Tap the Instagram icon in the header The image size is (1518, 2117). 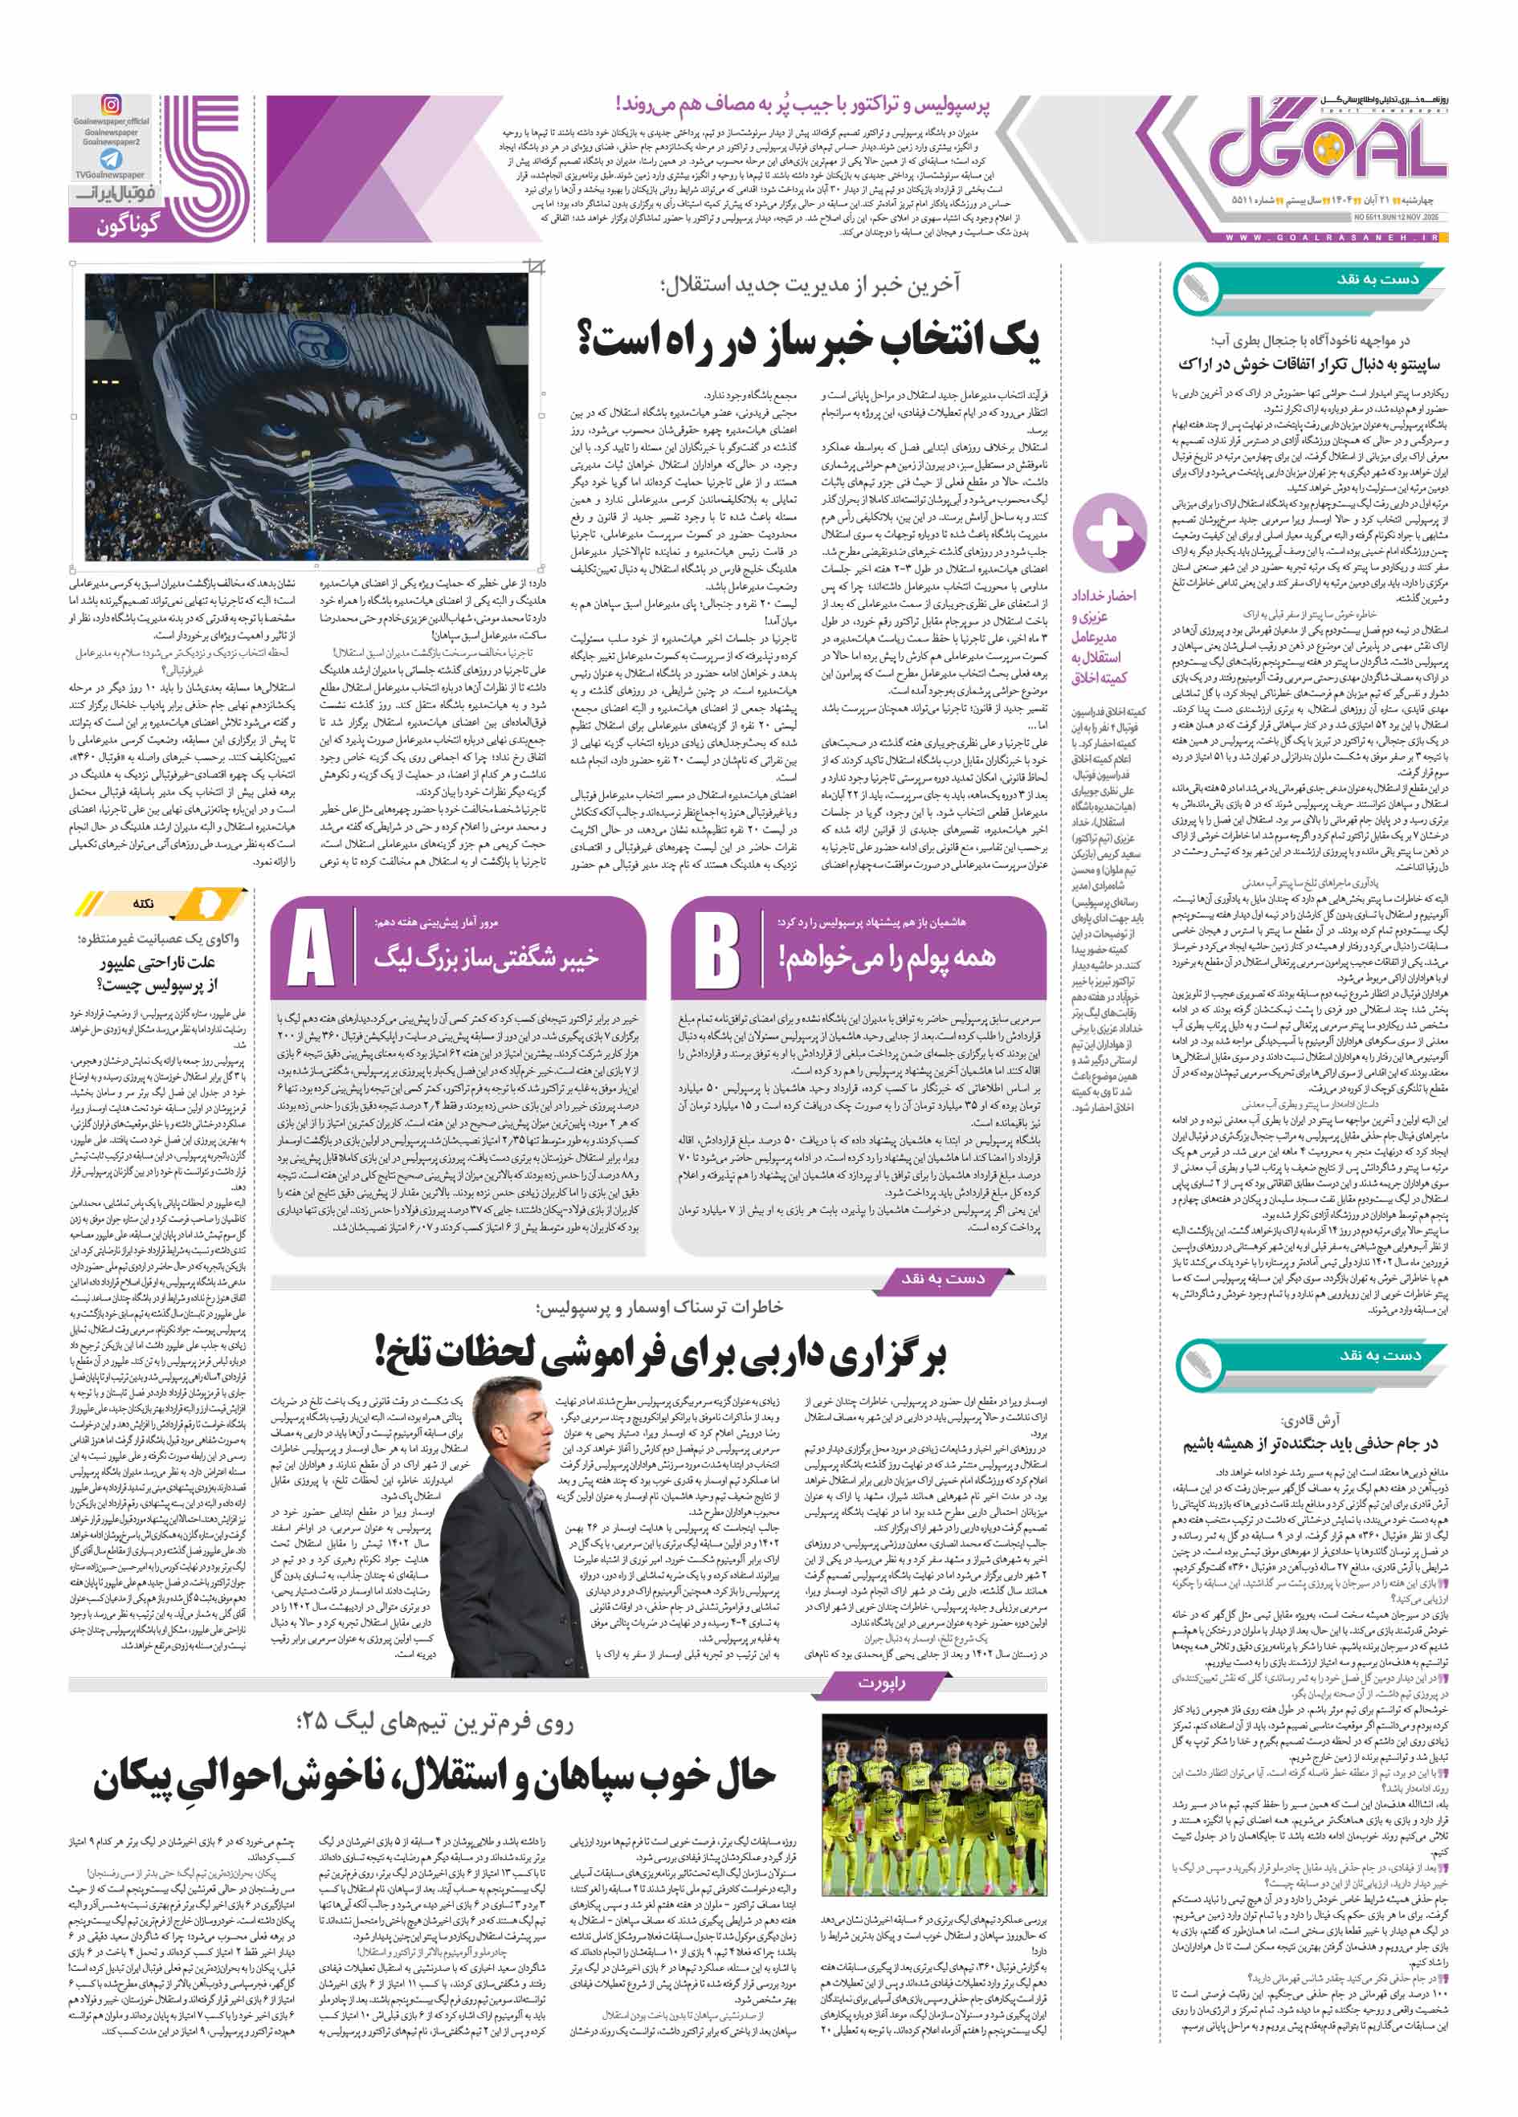point(111,105)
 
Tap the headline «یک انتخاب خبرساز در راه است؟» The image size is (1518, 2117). point(809,340)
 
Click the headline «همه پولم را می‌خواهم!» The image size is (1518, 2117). point(886,956)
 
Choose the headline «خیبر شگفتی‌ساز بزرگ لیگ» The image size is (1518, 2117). point(485,958)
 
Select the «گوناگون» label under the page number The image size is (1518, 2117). point(128,225)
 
